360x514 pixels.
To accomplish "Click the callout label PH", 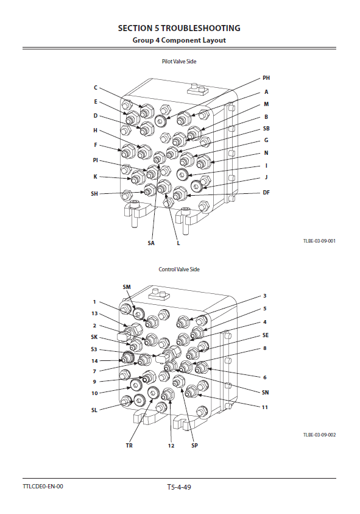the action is pos(266,78).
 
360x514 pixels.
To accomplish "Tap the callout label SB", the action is pos(266,129).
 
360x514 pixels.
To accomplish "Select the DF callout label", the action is pos(266,193).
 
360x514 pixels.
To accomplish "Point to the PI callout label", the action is pos(95,160).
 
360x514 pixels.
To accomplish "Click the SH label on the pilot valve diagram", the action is pos(94,194).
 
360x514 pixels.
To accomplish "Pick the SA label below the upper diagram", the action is pos(150,243).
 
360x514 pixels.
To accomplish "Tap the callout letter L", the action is pos(178,243).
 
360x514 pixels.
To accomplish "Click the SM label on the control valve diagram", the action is pos(127,287).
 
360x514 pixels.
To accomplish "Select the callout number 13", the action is pos(94,313).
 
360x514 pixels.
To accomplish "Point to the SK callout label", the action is pos(94,337).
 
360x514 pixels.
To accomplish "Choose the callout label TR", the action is pos(129,446).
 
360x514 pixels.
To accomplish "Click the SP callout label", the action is pos(194,446).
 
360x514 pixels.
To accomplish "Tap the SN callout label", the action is pos(265,393).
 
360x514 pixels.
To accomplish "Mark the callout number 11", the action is pos(265,407).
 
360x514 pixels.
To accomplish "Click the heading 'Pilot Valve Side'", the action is pos(179,62).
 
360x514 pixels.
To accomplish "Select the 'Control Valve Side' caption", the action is pos(179,269).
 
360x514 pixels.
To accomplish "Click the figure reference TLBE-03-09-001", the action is pos(319,241).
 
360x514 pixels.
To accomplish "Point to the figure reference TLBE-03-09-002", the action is pos(319,435).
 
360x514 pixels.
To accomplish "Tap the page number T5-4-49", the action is pos(179,487).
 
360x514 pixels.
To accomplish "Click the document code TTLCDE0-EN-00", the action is pos(43,486).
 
